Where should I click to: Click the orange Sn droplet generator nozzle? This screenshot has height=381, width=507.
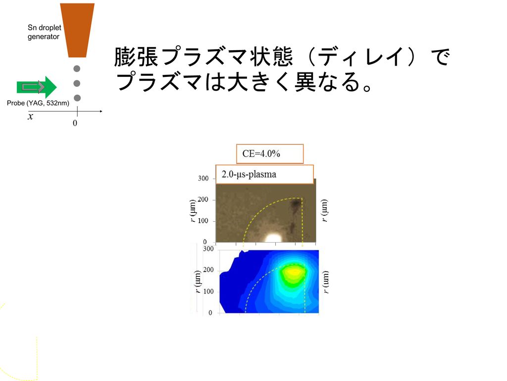click(x=77, y=30)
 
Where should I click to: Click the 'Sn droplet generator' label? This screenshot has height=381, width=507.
click(x=44, y=32)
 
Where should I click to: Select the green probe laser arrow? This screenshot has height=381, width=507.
click(x=37, y=87)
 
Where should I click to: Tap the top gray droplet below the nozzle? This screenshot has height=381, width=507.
click(x=77, y=68)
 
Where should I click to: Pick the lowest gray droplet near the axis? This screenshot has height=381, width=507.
click(x=77, y=98)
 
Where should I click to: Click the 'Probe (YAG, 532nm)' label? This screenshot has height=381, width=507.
click(x=38, y=103)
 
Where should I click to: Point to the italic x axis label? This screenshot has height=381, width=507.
click(x=30, y=116)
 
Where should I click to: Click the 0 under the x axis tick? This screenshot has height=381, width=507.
click(x=75, y=123)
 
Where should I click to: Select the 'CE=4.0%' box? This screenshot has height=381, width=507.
click(x=270, y=154)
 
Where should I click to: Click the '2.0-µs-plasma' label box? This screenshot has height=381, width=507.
click(x=264, y=174)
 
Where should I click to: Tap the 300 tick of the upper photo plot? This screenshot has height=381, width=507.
click(x=203, y=179)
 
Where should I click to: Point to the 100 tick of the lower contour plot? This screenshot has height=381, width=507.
click(x=208, y=291)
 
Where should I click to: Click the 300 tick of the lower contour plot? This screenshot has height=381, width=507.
click(x=208, y=249)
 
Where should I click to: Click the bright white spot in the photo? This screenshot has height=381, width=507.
click(x=273, y=238)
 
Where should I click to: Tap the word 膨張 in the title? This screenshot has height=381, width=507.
click(x=136, y=57)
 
